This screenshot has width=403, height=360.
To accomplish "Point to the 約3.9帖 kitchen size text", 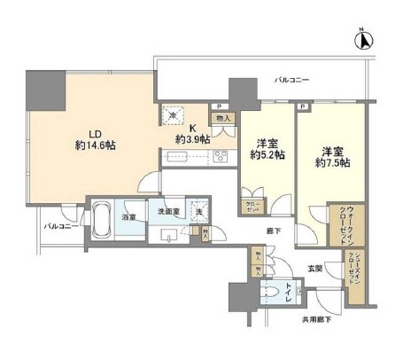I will (x=192, y=139).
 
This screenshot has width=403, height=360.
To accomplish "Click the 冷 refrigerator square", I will (x=171, y=115).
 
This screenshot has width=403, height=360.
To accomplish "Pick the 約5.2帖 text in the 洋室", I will (x=267, y=155).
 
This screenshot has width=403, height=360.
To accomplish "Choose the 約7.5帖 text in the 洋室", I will (x=331, y=162).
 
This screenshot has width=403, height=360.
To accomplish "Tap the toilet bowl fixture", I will (x=272, y=293).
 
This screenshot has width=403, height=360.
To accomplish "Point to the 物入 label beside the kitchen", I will (x=223, y=118).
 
